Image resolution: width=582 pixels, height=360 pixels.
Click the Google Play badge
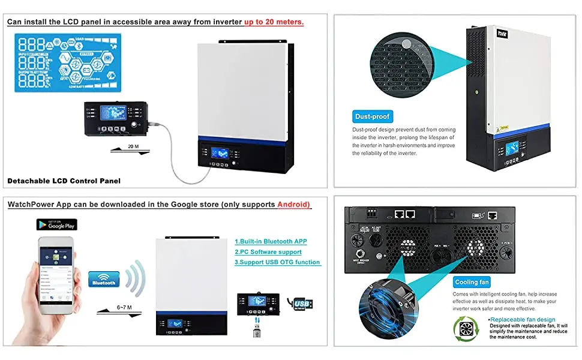[x=57, y=224]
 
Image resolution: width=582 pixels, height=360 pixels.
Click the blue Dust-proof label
[x=372, y=116]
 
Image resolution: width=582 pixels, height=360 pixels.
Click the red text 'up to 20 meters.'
[x=274, y=22]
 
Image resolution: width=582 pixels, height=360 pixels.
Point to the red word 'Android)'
[x=294, y=205]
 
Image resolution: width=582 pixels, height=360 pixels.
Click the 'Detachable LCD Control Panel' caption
[x=64, y=181]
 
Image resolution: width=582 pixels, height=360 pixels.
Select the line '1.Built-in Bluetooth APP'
[x=270, y=241]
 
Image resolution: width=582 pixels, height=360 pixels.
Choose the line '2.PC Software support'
[x=268, y=251]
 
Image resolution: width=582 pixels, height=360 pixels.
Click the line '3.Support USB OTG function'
[x=277, y=262]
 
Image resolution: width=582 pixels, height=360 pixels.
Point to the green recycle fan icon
[x=466, y=329]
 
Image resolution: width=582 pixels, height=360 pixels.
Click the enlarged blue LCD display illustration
[x=66, y=62]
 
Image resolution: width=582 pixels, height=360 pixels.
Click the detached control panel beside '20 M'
[x=114, y=120]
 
